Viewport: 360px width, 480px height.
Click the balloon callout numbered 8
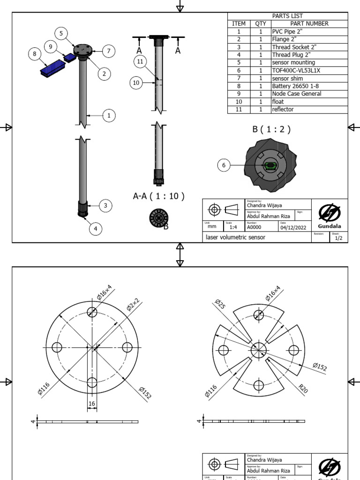click(x=34, y=54)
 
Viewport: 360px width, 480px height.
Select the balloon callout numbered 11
click(x=139, y=61)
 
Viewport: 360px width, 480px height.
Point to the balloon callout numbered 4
click(x=96, y=228)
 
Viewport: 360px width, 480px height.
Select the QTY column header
click(x=260, y=23)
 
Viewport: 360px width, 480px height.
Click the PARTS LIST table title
click(x=287, y=16)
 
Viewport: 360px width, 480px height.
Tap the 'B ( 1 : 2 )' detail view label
click(x=271, y=129)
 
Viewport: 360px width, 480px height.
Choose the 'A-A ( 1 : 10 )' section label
click(x=158, y=196)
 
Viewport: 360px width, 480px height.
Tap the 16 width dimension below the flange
click(x=92, y=403)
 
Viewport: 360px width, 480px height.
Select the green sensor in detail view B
click(x=270, y=165)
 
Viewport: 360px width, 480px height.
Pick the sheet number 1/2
click(x=338, y=238)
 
